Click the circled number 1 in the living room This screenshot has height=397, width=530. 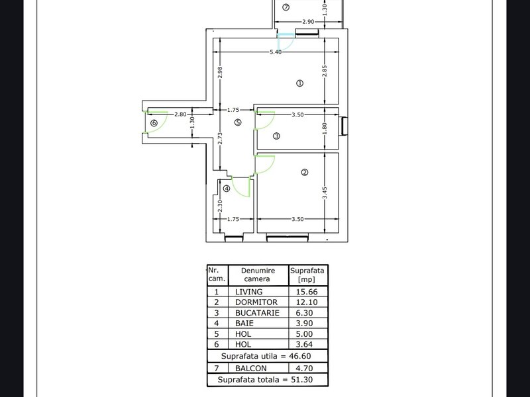coord(299,83)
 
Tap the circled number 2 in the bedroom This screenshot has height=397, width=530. coord(305,172)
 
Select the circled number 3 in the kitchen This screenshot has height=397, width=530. coord(276,136)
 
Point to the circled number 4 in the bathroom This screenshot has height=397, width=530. coord(227,189)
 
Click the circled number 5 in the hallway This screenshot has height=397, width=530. coord(238,122)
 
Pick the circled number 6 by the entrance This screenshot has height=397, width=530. coord(154,123)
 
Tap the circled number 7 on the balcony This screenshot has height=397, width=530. coord(286,7)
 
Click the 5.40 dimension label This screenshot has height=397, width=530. coord(276,52)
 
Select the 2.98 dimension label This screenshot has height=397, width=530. coord(220,72)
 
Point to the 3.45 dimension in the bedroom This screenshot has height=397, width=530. coord(325,193)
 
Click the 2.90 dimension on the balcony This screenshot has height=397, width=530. coord(308,22)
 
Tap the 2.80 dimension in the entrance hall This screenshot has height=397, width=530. coord(180,114)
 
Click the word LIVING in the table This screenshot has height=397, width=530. coord(249,292)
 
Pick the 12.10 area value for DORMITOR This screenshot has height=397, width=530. coord(307,302)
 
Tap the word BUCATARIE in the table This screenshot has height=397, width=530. coord(257,313)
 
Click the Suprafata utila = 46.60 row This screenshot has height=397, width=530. coord(266,356)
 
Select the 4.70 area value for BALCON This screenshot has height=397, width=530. coord(304,369)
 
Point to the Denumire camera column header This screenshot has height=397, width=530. coord(258,275)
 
